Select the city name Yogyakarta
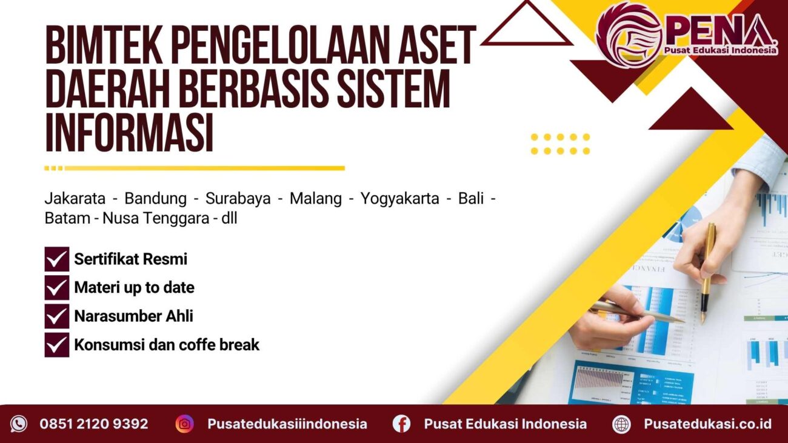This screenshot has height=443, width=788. (x=399, y=199)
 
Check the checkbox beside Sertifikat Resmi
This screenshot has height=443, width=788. (x=57, y=259)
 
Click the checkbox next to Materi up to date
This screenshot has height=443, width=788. (x=57, y=288)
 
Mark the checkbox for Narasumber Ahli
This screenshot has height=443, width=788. (x=57, y=316)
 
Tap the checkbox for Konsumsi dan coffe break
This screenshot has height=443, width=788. (x=57, y=344)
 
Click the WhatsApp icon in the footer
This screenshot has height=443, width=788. (x=19, y=424)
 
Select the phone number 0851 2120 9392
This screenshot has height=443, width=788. (x=94, y=424)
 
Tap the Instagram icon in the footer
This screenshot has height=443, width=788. (x=184, y=424)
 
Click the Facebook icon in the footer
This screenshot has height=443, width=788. (x=401, y=424)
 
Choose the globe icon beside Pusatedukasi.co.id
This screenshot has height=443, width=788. (x=621, y=424)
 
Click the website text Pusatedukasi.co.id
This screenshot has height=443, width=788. (x=707, y=424)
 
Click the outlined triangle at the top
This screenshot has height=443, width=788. (x=526, y=27)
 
